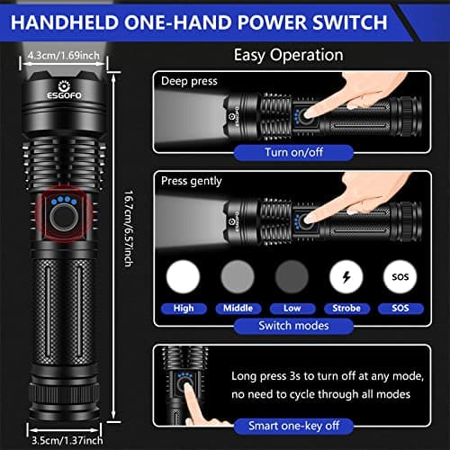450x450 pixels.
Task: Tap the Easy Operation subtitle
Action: tap(288, 55)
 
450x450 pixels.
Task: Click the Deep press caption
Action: tap(189, 81)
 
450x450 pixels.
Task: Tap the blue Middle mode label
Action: tap(238, 307)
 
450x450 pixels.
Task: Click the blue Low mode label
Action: tap(292, 307)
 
